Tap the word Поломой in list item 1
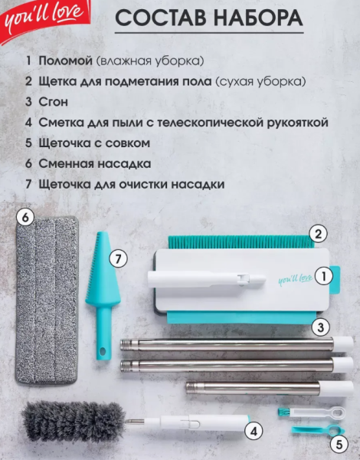[x=65, y=60]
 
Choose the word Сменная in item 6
[x=67, y=163]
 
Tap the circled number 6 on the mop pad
[x=26, y=218]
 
